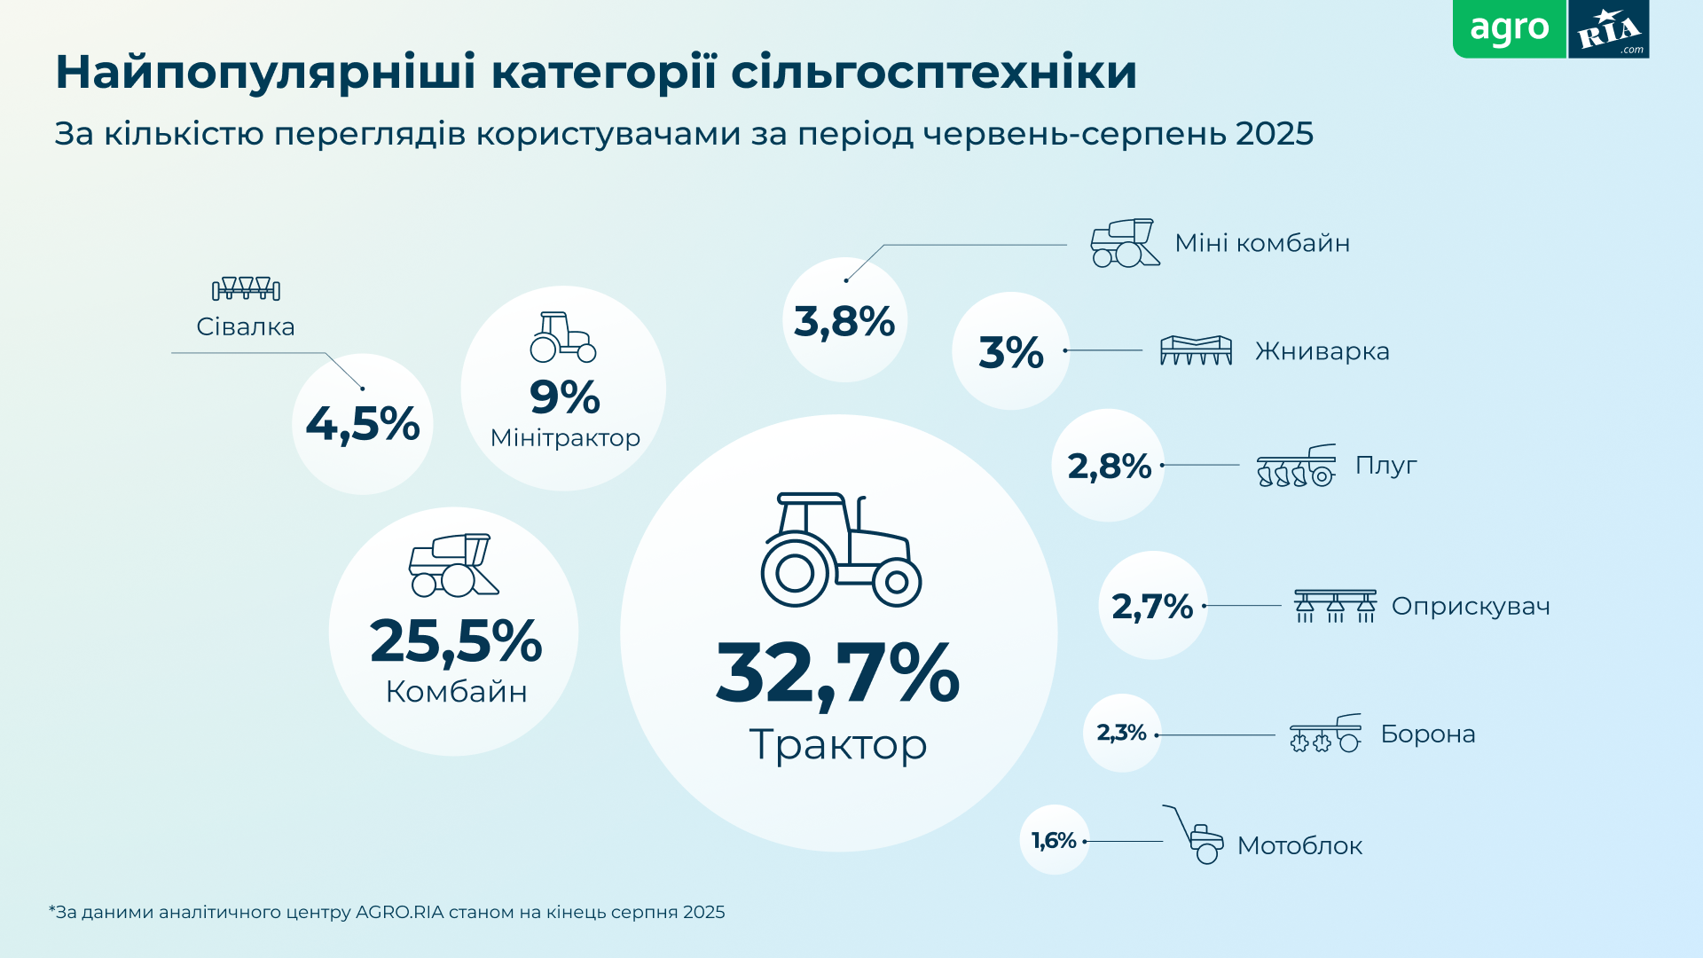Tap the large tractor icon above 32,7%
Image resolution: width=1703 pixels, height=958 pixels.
click(x=841, y=550)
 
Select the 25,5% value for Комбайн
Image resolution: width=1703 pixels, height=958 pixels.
click(x=455, y=640)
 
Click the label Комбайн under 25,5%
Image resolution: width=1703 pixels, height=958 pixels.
click(x=456, y=692)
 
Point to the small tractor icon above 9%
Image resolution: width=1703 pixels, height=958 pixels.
click(x=563, y=337)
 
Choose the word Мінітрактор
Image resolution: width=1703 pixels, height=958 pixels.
click(x=565, y=438)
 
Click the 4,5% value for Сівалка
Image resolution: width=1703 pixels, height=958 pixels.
click(x=362, y=424)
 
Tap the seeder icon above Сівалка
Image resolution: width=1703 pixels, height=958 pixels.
click(x=246, y=288)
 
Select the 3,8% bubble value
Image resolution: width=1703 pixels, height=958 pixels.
click(x=844, y=321)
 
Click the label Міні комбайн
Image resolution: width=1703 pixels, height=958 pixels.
click(x=1261, y=243)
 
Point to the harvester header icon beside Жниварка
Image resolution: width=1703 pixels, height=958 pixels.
click(x=1196, y=350)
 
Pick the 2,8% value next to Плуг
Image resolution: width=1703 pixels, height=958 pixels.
click(x=1109, y=466)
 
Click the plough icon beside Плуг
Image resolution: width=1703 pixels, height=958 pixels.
click(x=1296, y=467)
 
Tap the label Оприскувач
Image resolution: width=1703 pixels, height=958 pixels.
click(x=1470, y=607)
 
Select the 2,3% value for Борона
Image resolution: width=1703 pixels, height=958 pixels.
click(x=1121, y=733)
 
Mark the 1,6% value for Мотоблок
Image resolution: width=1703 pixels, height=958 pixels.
click(x=1053, y=840)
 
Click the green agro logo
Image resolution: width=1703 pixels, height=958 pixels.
click(x=1509, y=28)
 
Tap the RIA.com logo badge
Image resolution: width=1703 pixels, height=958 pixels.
click(x=1608, y=30)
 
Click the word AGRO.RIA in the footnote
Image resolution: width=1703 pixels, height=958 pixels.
click(x=398, y=913)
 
